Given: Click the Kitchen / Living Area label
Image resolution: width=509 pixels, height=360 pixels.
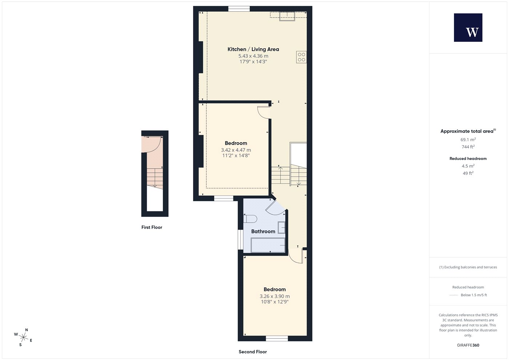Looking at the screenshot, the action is [253, 49].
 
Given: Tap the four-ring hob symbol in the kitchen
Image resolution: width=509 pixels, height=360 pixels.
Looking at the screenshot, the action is [301, 57].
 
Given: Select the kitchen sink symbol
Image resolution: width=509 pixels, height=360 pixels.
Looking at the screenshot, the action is [287, 16].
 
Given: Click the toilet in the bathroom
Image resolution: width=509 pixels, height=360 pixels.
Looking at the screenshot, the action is [250, 219].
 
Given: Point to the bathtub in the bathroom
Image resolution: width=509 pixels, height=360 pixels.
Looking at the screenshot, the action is [268, 245].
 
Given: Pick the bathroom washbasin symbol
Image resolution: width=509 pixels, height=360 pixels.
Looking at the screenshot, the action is [281, 228].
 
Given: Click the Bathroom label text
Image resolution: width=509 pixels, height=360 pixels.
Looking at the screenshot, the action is [263, 231].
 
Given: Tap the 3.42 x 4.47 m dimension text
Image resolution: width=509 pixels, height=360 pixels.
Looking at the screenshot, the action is [236, 150].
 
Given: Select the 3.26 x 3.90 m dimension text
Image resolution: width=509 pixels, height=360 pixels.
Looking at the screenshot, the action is [275, 296].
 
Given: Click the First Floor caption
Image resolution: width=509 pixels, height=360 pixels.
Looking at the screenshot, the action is [152, 227].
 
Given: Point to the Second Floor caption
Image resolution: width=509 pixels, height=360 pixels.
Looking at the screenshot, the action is [253, 352].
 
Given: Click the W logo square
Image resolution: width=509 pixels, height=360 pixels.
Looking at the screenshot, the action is [468, 28].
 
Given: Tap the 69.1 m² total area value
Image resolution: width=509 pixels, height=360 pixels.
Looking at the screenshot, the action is [468, 140].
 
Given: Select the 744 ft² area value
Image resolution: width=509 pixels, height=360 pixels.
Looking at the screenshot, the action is [468, 147].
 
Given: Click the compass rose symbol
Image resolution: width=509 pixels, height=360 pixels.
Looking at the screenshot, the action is [23, 337].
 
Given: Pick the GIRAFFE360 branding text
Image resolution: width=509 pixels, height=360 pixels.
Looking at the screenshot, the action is [468, 345].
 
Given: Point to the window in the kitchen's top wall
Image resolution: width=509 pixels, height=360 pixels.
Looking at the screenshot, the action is [239, 9].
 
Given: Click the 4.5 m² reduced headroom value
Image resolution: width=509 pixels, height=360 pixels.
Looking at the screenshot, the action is [468, 166].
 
